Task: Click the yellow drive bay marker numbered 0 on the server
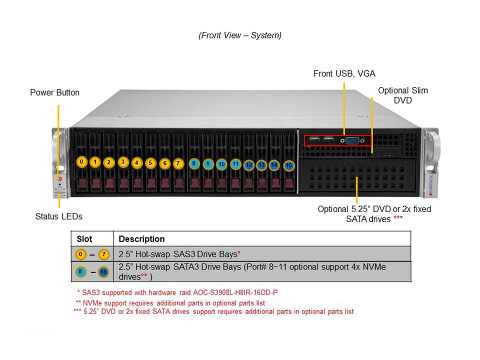click(81, 162)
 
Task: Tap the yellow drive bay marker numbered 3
click(123, 162)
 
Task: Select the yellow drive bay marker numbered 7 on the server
click(178, 163)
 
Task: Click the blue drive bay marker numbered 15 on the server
click(288, 165)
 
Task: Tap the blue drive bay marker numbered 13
click(261, 164)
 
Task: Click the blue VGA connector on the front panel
click(352, 140)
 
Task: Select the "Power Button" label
click(54, 92)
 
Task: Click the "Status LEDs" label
click(58, 216)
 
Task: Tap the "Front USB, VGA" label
click(344, 73)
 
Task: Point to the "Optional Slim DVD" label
click(402, 95)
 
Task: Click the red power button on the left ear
click(60, 178)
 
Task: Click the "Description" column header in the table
click(141, 239)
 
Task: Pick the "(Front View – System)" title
click(240, 35)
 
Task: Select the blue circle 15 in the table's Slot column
click(103, 272)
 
